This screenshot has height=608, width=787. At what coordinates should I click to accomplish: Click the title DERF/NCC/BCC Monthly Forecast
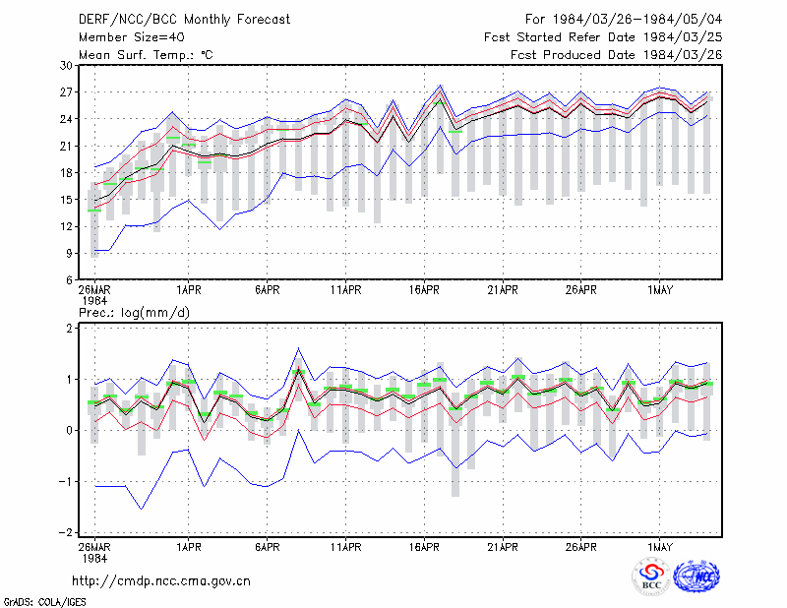[184, 20]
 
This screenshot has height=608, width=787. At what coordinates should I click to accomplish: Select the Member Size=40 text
[132, 37]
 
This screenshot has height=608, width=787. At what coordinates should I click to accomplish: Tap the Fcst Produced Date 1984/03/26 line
[617, 55]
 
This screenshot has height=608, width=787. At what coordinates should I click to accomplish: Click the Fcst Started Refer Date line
[603, 37]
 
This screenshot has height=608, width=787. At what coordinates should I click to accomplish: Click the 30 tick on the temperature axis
[66, 65]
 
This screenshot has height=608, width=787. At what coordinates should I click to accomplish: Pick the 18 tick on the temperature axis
[66, 173]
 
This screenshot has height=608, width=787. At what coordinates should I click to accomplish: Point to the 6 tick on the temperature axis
[69, 280]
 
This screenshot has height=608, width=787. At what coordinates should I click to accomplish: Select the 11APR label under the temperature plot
[346, 290]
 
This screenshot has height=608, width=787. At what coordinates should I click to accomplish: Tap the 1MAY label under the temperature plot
[659, 290]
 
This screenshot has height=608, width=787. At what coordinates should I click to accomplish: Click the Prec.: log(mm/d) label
[134, 313]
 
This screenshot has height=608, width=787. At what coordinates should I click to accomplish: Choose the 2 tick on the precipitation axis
[69, 328]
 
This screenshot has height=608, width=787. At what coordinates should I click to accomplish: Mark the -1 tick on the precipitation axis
[65, 481]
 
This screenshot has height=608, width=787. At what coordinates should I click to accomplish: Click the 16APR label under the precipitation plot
[424, 547]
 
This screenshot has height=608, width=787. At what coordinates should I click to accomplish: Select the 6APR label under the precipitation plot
[267, 547]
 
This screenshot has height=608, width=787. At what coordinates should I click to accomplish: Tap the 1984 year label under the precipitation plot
[94, 558]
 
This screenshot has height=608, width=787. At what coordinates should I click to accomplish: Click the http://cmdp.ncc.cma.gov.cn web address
[161, 581]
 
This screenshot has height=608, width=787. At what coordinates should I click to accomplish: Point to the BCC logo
[651, 577]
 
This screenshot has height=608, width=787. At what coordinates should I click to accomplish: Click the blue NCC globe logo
[696, 577]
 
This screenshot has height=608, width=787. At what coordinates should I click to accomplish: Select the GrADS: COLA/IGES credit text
[44, 602]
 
